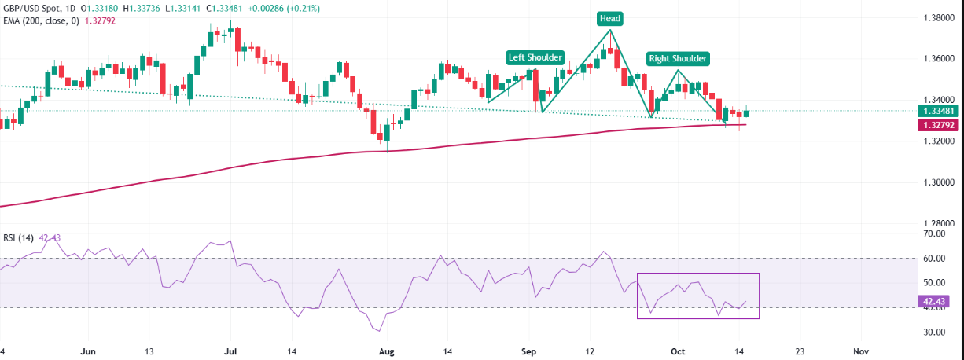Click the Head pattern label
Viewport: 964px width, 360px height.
coord(609,17)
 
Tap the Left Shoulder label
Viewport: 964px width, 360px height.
coord(535,57)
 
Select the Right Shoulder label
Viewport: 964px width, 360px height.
coord(678,58)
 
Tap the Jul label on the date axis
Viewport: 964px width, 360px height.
coord(230,351)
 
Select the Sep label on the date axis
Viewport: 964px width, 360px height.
coord(529,351)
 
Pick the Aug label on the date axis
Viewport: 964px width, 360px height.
coord(386,351)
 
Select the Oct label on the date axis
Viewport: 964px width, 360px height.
coord(679,351)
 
